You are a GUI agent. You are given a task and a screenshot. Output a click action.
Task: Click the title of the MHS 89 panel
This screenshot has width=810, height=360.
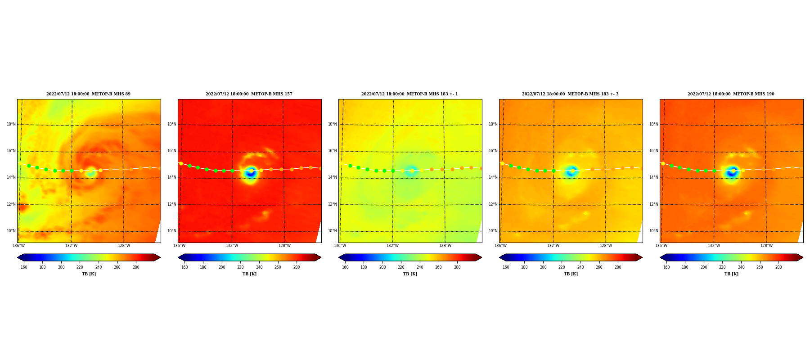click(x=89, y=94)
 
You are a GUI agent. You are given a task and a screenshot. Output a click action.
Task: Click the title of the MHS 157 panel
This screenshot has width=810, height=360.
click(x=249, y=94)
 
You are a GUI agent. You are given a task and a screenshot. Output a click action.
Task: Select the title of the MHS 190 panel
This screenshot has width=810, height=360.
click(x=731, y=94)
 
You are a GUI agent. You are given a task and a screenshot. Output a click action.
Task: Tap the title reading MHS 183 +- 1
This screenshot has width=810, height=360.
click(x=409, y=94)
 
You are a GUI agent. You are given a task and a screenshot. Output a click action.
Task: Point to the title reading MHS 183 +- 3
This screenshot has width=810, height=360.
click(x=570, y=94)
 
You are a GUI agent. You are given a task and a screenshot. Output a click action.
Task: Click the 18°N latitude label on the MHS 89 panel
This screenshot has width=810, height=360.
click(x=11, y=124)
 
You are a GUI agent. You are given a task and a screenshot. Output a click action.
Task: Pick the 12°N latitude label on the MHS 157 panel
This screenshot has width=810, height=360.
click(x=171, y=204)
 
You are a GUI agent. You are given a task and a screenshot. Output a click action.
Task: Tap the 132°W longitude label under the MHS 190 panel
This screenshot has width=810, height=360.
click(x=714, y=246)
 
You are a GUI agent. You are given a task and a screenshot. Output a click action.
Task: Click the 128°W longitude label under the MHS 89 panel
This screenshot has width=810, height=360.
click(x=124, y=246)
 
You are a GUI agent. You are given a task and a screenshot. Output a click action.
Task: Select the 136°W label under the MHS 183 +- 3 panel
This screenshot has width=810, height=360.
click(x=500, y=246)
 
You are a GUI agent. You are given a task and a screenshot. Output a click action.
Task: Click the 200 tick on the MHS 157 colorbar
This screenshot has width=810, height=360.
click(x=222, y=267)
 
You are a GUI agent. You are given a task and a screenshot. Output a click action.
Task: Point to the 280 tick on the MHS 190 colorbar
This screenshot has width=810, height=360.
click(x=778, y=267)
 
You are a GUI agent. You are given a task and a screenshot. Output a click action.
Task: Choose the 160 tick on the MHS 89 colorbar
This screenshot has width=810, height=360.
click(x=24, y=267)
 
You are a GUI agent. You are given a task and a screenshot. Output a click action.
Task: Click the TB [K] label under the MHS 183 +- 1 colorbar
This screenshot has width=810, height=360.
click(x=410, y=274)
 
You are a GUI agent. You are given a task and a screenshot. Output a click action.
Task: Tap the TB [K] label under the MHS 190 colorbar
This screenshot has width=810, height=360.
click(x=731, y=274)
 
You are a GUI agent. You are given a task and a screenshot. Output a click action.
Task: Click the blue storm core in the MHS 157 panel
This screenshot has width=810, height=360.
click(x=250, y=172)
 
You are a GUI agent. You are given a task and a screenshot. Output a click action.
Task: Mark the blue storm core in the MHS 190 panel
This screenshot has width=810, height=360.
click(x=732, y=172)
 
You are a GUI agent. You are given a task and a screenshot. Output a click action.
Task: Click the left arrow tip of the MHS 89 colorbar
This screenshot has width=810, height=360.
click(x=18, y=257)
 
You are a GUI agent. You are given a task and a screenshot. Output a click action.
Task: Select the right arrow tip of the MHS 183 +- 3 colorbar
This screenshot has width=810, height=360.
click(x=642, y=257)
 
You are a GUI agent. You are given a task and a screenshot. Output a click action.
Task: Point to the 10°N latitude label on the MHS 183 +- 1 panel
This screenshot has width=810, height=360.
click(x=332, y=231)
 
